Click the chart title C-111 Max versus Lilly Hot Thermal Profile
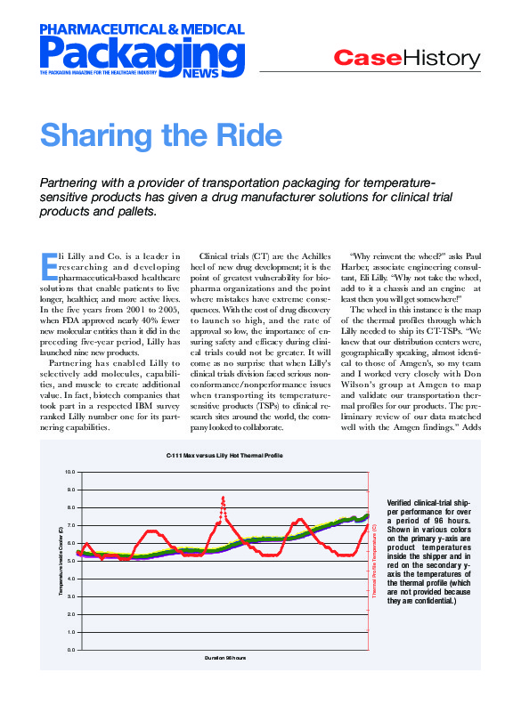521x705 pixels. coord(224,456)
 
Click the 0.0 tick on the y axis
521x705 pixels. coord(69,650)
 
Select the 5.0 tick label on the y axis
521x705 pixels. coord(69,561)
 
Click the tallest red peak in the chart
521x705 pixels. coord(223,498)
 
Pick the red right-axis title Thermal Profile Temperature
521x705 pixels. coord(375,560)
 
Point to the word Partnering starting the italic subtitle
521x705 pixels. coord(76,182)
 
